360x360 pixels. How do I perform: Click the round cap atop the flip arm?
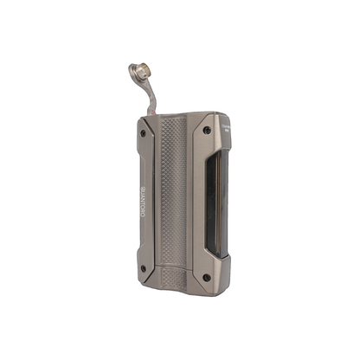(139, 72)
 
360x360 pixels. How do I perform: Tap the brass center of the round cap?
(138, 72)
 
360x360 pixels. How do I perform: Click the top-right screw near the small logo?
(207, 131)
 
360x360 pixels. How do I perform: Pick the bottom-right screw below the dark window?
(206, 277)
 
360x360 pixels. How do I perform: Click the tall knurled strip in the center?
(174, 190)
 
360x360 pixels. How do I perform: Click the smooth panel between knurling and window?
(198, 203)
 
